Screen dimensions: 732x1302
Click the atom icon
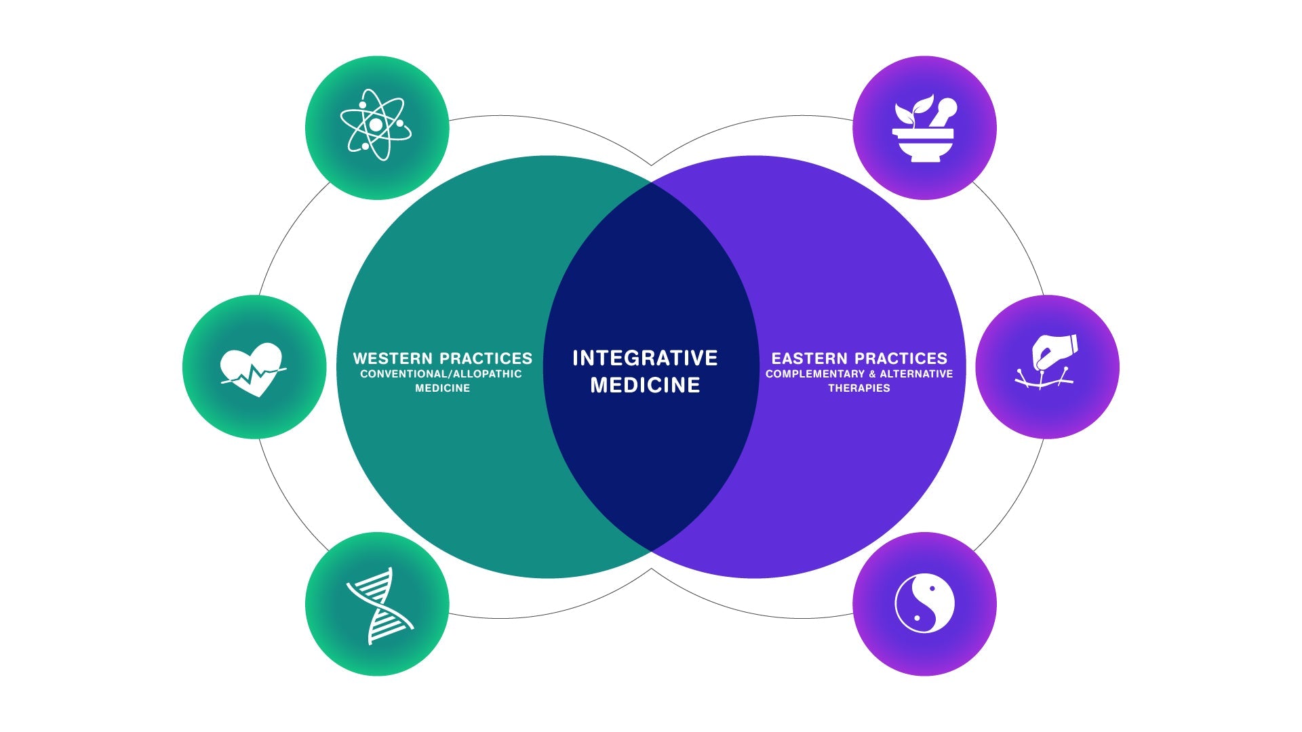pyautogui.click(x=376, y=125)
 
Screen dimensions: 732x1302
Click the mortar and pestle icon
pyautogui.click(x=923, y=129)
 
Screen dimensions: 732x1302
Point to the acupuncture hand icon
pyautogui.click(x=1047, y=363)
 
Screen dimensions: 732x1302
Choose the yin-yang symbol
pyautogui.click(x=924, y=603)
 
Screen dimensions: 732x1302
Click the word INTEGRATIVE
pyautogui.click(x=645, y=358)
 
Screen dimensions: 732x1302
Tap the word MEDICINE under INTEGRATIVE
pyautogui.click(x=645, y=385)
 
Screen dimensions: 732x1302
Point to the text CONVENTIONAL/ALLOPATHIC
pyautogui.click(x=441, y=374)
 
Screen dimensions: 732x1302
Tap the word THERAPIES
pyautogui.click(x=859, y=388)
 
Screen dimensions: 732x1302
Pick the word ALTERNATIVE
pyautogui.click(x=916, y=374)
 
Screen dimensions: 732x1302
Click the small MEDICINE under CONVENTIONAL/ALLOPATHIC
pyautogui.click(x=442, y=388)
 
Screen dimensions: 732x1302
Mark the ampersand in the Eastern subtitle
pyautogui.click(x=872, y=374)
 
